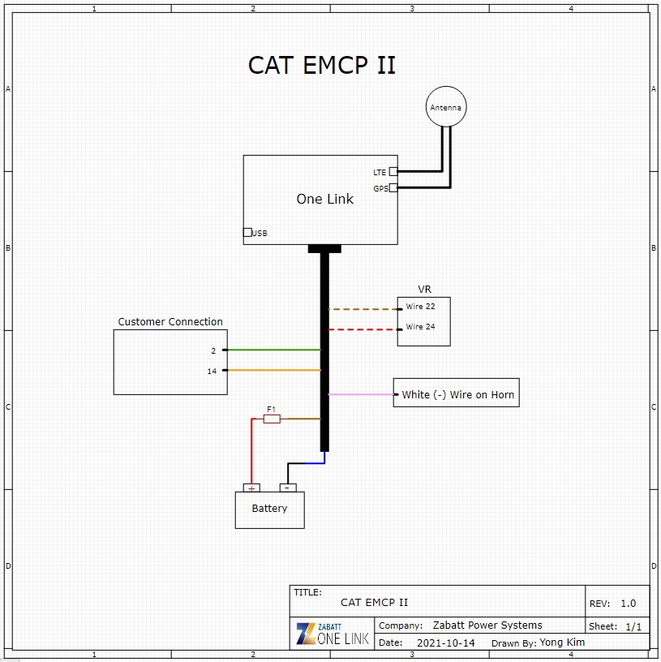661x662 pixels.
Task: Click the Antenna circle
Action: (446, 107)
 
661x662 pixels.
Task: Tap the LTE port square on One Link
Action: (393, 171)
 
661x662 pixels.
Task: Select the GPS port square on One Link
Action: (393, 188)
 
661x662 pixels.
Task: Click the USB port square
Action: (247, 233)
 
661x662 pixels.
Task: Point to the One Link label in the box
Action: (324, 199)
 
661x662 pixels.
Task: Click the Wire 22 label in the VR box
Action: (421, 307)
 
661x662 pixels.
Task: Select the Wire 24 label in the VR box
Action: (421, 327)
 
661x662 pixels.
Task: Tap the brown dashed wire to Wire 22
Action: (363, 309)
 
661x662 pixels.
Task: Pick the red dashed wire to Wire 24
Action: (363, 329)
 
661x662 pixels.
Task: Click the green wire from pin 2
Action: (272, 350)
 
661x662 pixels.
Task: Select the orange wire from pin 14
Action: (272, 370)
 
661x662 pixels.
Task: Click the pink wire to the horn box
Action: (361, 394)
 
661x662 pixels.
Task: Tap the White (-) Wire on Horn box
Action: (457, 394)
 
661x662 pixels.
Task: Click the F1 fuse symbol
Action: (272, 419)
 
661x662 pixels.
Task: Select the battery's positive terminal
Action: (252, 488)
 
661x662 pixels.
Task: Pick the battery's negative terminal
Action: (287, 488)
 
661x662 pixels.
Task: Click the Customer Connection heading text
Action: (170, 322)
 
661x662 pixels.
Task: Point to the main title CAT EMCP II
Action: (322, 65)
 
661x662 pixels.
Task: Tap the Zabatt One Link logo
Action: (333, 634)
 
